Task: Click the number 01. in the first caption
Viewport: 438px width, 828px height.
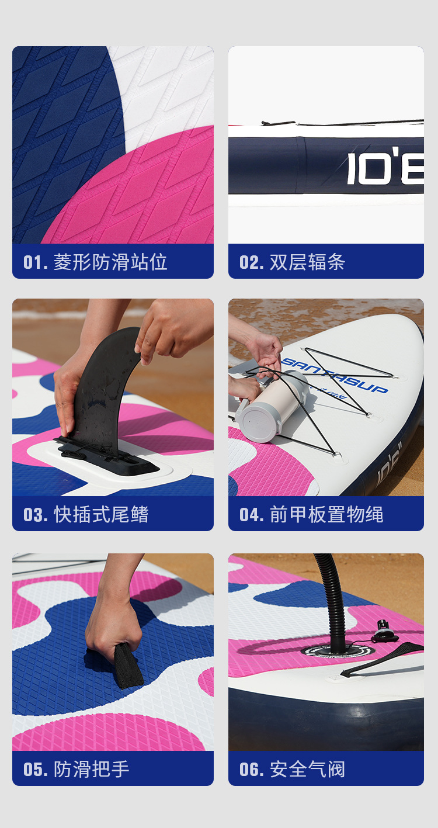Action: [x=36, y=262]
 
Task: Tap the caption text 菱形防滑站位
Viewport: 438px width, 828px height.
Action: [x=110, y=262]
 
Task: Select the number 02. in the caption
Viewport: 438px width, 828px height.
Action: [x=252, y=262]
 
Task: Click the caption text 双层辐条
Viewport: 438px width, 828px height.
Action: [x=307, y=262]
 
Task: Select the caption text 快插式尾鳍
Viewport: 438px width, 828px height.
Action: [x=101, y=515]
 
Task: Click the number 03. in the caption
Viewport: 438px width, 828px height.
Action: [x=36, y=515]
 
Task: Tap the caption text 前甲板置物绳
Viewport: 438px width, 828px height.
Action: [x=326, y=515]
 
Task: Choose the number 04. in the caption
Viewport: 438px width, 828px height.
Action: [x=252, y=515]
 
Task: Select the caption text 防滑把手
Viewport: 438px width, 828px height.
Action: [x=92, y=769]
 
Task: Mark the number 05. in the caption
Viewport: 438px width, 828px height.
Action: [x=36, y=769]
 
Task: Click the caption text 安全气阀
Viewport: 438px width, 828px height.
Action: [x=307, y=769]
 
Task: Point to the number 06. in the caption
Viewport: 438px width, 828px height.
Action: [x=252, y=769]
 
